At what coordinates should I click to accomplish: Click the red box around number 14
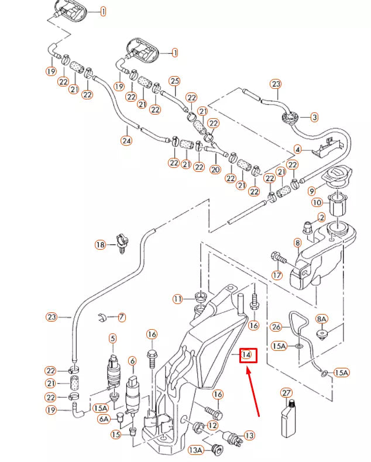pyautogui.click(x=247, y=354)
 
